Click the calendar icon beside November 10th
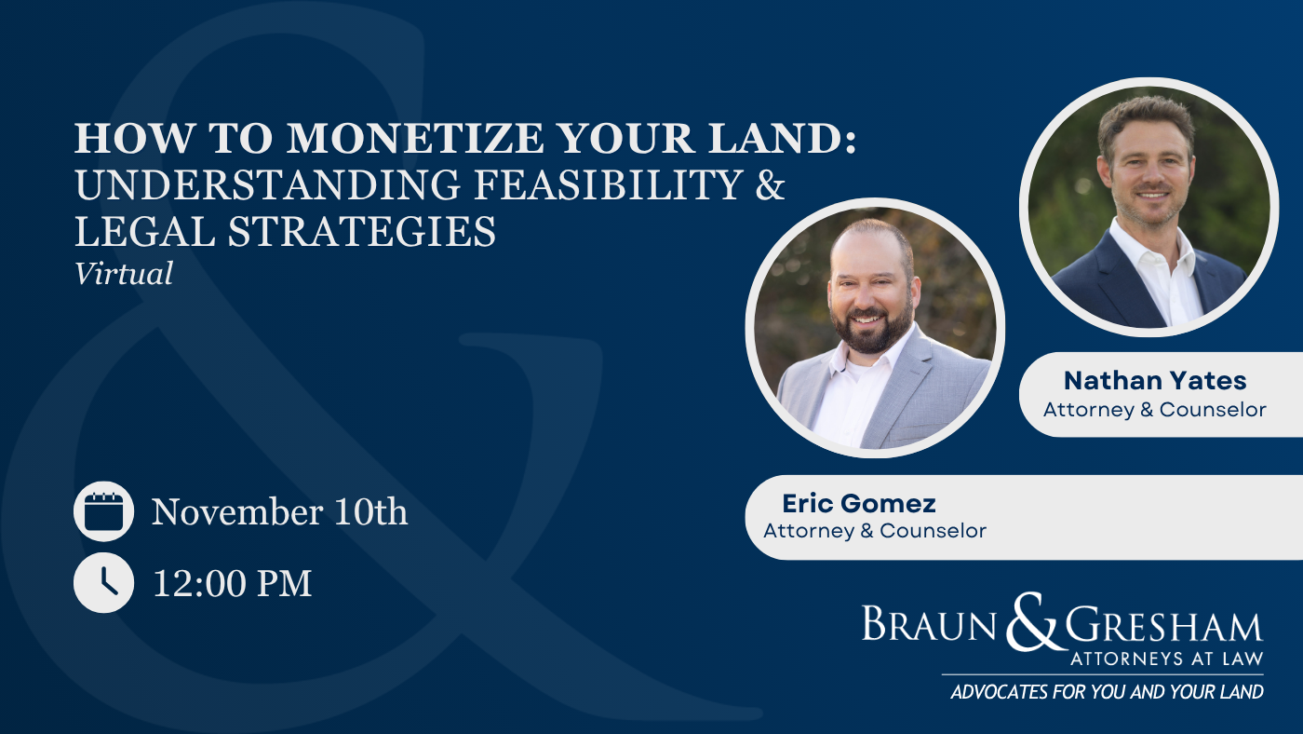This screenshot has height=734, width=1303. point(103,511)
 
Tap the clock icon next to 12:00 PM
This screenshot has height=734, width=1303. point(103,582)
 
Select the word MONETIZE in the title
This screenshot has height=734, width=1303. point(415,138)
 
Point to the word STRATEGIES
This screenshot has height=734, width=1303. point(361,231)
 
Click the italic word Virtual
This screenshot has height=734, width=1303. point(123,273)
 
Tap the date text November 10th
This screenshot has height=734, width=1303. point(280,511)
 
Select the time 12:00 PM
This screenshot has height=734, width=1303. point(232,583)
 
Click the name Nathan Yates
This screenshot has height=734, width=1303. point(1155,381)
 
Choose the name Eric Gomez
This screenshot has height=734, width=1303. point(858,504)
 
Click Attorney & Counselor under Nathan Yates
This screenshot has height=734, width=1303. point(1155,410)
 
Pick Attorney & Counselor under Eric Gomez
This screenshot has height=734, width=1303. point(875,531)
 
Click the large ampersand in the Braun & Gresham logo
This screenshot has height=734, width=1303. point(1030,622)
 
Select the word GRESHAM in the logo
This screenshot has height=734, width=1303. point(1164,626)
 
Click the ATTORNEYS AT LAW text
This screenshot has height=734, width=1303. point(1167,659)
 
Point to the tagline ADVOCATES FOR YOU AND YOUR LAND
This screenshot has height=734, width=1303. point(1107,691)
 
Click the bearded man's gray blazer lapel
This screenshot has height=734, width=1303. point(907,384)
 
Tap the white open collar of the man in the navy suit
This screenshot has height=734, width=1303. point(1155,256)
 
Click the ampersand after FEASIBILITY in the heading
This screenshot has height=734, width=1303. point(771,184)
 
